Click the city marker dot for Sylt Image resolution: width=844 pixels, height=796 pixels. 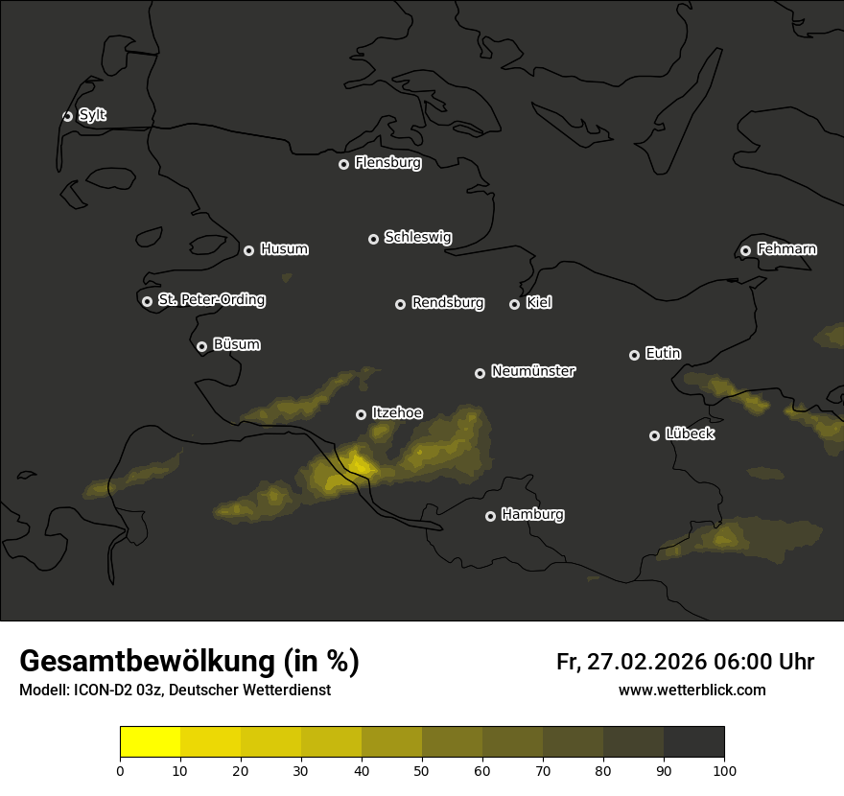tap(67, 116)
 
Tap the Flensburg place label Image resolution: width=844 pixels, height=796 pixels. tap(387, 163)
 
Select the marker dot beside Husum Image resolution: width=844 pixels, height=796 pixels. tap(248, 250)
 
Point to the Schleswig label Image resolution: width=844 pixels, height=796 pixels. tap(417, 237)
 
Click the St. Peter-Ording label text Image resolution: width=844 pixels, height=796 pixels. tap(211, 300)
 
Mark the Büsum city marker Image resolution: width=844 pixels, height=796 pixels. tap(201, 346)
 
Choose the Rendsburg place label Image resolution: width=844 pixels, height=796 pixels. tap(447, 303)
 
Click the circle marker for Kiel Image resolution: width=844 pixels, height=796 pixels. tap(514, 304)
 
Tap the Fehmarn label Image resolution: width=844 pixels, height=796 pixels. tap(786, 249)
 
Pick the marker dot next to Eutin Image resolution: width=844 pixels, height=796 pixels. tap(634, 355)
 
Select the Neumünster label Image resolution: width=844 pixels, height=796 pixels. tap(532, 371)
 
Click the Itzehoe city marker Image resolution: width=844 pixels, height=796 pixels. tap(361, 414)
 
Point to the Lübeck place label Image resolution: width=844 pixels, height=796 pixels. tap(690, 434)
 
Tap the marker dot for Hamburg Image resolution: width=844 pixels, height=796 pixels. tap(490, 516)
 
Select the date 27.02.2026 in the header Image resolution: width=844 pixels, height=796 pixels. tap(645, 662)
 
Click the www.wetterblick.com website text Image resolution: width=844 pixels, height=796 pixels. tap(692, 690)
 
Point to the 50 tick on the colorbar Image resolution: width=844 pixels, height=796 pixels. tap(422, 770)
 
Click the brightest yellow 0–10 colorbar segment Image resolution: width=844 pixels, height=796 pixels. tap(151, 742)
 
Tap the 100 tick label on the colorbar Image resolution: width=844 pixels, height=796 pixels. tap(724, 770)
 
